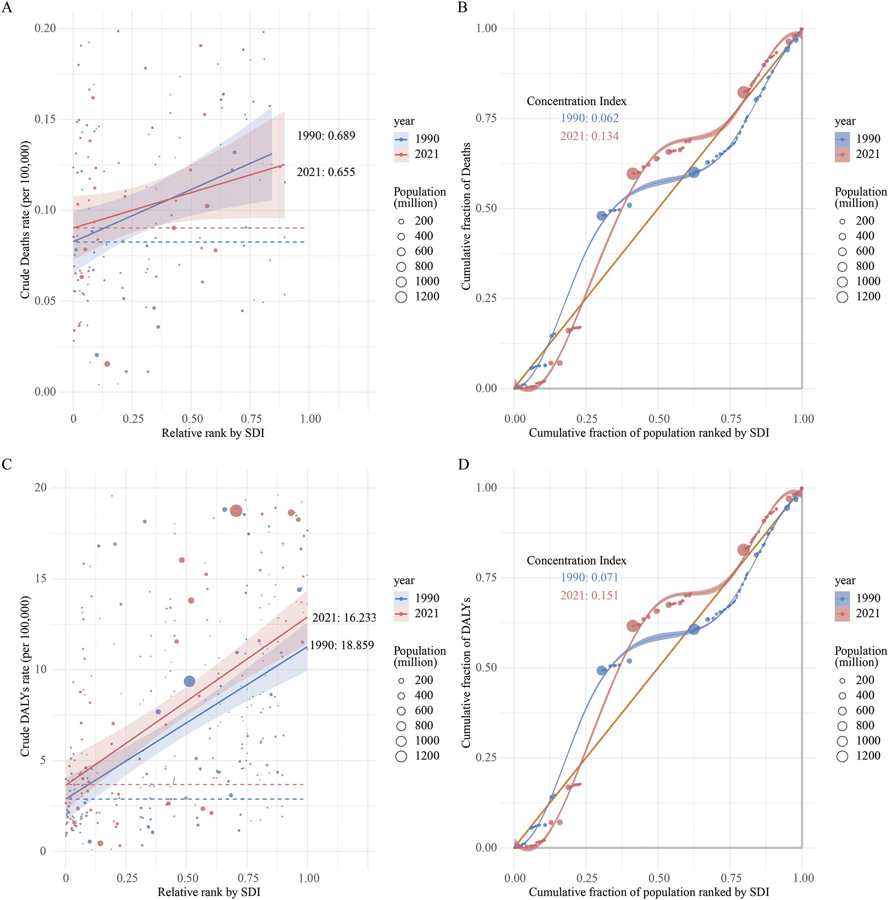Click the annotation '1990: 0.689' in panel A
click(326, 135)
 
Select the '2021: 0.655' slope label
click(326, 172)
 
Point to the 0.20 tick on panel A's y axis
click(45, 29)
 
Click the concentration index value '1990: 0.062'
click(590, 118)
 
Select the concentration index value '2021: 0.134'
click(590, 136)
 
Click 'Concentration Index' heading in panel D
click(576, 560)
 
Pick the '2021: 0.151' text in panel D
click(590, 595)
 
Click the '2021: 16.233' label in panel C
click(344, 618)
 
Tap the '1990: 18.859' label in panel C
click(341, 645)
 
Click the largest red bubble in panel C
click(236, 511)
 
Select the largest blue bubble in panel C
click(189, 682)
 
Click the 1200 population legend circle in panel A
click(401, 297)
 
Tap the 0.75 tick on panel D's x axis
click(730, 878)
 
